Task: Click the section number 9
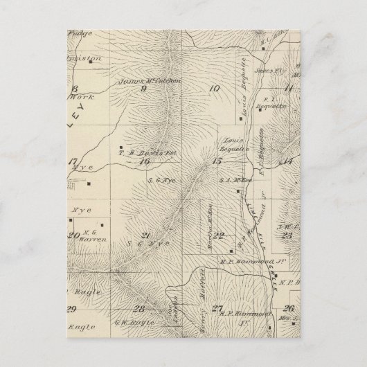coord(144,88)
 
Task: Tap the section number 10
coord(213,88)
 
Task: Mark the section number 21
coord(145,235)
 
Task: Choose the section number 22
coord(219,235)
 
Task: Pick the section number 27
coord(218,308)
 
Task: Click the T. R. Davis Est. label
coord(145,152)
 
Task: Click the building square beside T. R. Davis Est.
coord(121,147)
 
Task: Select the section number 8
coord(73,89)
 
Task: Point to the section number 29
coord(71,309)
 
